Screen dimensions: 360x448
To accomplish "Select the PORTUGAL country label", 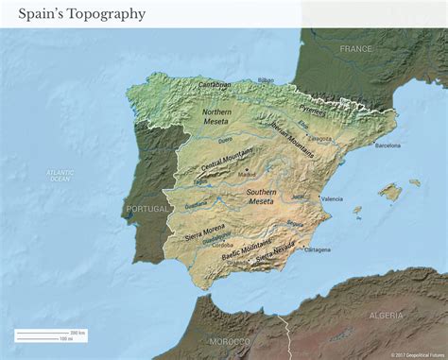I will click(146, 209).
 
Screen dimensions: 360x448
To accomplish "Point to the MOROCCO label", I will click(230, 340).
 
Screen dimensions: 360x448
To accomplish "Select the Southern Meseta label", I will click(262, 196).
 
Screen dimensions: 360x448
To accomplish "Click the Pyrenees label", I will click(313, 111).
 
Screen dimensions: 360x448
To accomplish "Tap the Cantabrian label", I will click(215, 85).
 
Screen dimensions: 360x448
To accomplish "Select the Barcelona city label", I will click(388, 146).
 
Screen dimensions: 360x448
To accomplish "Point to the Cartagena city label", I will click(318, 249).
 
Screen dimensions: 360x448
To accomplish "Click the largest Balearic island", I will click(389, 192).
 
